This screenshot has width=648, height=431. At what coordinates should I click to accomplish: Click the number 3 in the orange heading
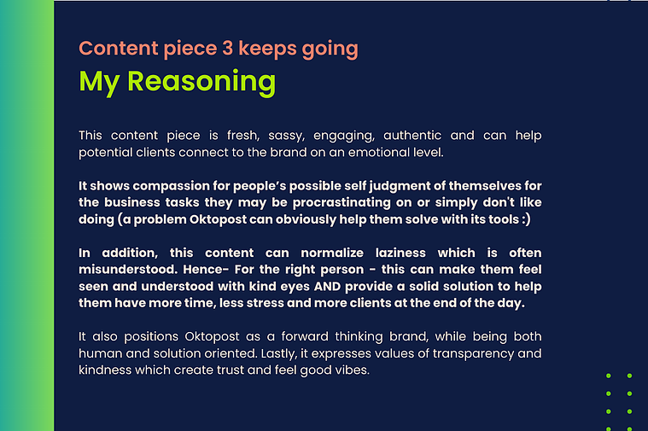point(227,48)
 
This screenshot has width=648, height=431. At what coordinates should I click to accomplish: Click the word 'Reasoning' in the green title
point(201,82)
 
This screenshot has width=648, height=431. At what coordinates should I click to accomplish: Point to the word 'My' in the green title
point(99,83)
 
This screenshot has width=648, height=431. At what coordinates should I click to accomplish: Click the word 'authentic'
point(412,136)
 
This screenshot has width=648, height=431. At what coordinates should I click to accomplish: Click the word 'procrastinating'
point(342,203)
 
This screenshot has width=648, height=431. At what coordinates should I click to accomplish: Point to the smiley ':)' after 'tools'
point(526,219)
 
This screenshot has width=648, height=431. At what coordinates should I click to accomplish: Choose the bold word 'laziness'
point(400,253)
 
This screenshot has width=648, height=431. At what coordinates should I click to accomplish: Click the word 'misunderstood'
point(128,270)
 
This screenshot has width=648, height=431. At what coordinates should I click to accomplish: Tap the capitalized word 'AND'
point(327,287)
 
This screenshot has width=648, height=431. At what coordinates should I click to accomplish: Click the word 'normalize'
point(332,253)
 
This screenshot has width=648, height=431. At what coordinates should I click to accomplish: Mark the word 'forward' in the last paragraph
point(305,336)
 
